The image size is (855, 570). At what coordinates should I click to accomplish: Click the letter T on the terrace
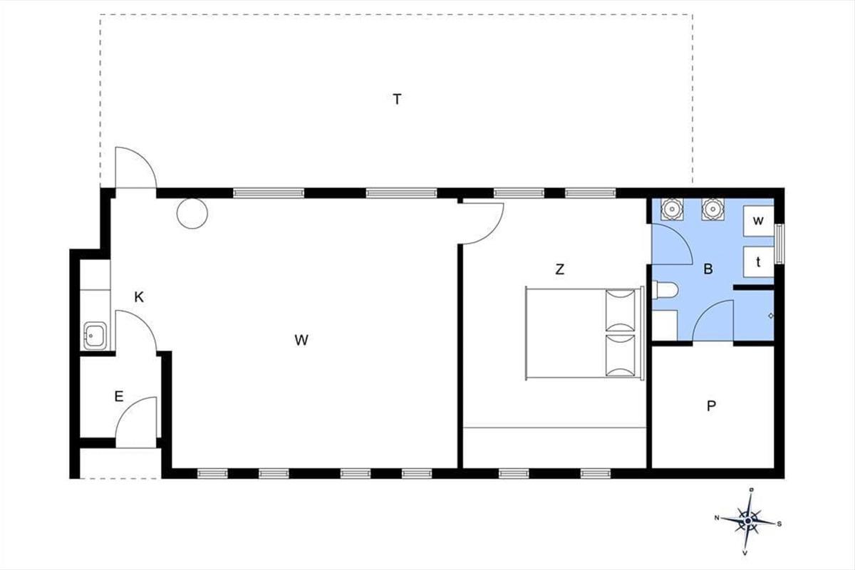[x=397, y=99]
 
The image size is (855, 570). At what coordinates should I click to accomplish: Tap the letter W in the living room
[x=301, y=340]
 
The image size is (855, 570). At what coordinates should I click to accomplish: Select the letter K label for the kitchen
[x=139, y=297]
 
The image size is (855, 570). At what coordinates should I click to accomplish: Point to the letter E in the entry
[x=119, y=396]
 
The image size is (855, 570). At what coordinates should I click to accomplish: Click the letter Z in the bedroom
[x=559, y=269]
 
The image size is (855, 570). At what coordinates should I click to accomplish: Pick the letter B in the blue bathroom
[x=708, y=269]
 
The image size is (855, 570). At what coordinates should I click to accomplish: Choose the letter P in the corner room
[x=711, y=406]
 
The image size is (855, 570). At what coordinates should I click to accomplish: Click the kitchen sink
[x=95, y=336]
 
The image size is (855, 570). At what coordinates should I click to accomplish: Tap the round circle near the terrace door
[x=192, y=214]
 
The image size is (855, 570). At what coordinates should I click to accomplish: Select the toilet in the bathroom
[x=665, y=290]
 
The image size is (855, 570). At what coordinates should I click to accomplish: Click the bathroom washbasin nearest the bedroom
[x=672, y=209]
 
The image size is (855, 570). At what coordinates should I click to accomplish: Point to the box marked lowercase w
[x=758, y=221]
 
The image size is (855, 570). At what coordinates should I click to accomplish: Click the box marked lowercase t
[x=758, y=262]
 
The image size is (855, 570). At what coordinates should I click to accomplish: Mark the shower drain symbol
[x=771, y=316]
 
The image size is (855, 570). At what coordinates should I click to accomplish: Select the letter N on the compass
[x=717, y=518]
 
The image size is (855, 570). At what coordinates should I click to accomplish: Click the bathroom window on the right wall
[x=779, y=244]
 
